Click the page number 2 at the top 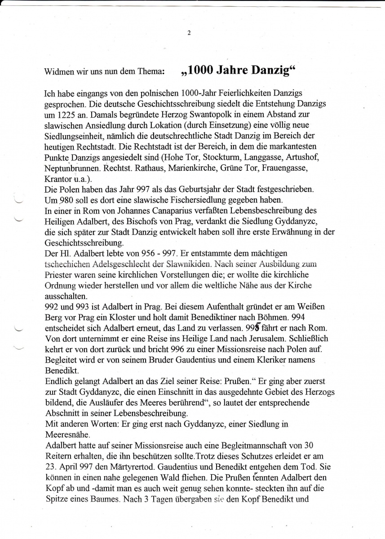(189, 33)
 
